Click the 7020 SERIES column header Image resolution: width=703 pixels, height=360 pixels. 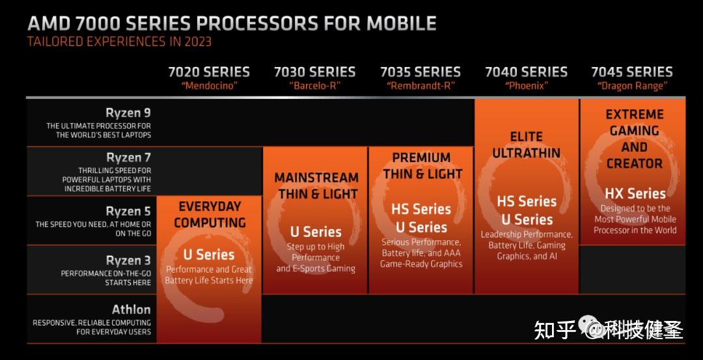(209, 72)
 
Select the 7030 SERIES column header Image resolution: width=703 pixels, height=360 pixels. (314, 72)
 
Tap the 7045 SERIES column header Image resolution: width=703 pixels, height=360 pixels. (631, 72)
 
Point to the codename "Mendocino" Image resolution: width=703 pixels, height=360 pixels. (209, 85)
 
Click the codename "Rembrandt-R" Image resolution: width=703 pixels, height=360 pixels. (420, 85)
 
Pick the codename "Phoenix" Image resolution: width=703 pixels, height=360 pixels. (526, 85)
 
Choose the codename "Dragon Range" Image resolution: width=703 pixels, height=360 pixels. (631, 85)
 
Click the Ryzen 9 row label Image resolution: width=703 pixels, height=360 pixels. (128, 113)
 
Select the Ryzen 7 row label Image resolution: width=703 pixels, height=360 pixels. (128, 158)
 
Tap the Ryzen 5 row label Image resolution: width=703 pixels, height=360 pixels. (128, 211)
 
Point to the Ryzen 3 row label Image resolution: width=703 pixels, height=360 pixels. (128, 260)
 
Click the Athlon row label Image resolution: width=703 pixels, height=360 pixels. (131, 309)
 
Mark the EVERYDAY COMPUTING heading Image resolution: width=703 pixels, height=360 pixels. (210, 214)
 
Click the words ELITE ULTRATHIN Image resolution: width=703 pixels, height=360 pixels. (526, 145)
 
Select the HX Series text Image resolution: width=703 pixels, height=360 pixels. (635, 193)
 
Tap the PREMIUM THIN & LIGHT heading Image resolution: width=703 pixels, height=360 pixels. (421, 165)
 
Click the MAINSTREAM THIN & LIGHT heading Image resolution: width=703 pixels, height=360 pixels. (316, 186)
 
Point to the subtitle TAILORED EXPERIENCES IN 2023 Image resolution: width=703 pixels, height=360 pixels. (119, 42)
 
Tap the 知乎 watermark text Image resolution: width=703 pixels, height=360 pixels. (555, 330)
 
